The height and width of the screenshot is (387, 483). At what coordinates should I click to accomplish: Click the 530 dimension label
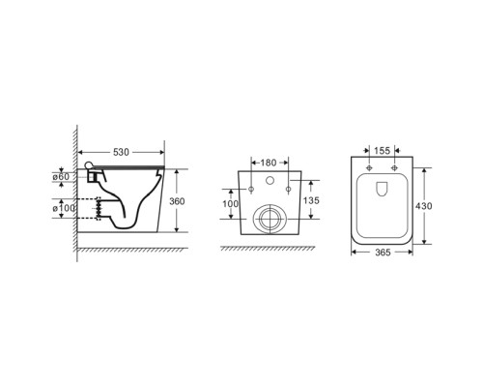(121, 152)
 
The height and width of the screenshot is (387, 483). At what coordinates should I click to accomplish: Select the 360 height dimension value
(177, 201)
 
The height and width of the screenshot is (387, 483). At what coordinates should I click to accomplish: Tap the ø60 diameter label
(61, 177)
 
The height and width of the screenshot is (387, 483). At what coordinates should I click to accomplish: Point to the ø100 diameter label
(64, 208)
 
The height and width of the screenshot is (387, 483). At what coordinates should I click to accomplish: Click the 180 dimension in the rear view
(269, 163)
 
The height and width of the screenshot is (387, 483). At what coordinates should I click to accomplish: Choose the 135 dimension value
(311, 200)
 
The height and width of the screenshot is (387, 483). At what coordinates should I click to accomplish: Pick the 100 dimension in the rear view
(231, 204)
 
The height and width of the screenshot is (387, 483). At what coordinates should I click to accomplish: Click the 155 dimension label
(383, 151)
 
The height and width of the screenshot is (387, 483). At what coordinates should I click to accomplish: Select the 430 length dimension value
(423, 206)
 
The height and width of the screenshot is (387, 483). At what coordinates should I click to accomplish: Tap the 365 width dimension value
(383, 253)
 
